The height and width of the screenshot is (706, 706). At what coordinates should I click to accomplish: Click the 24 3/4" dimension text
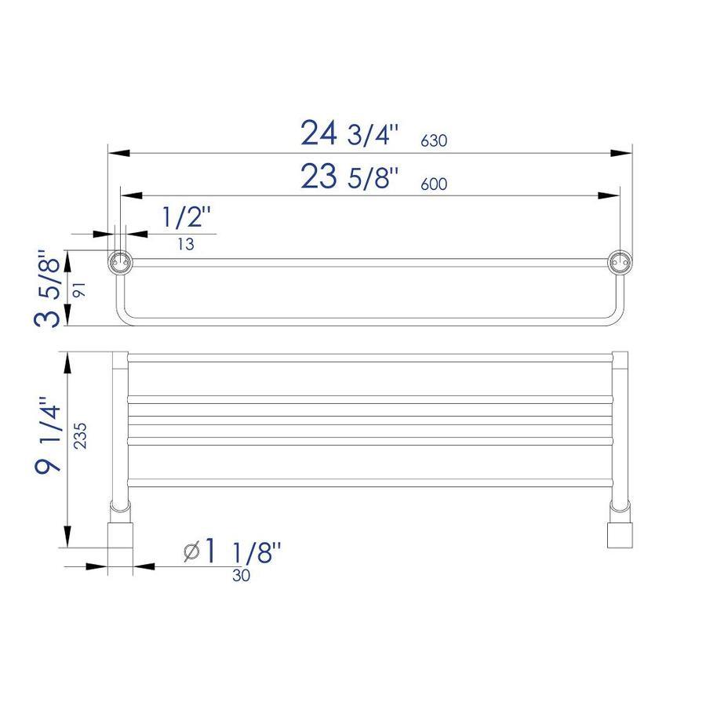click(x=350, y=133)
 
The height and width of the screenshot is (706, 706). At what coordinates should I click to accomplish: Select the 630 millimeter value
click(x=434, y=141)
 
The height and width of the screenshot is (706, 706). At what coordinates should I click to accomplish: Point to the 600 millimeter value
click(x=434, y=184)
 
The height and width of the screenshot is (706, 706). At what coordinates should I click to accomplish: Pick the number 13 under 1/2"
click(x=185, y=244)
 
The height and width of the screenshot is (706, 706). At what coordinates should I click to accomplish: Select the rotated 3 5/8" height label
click(x=47, y=288)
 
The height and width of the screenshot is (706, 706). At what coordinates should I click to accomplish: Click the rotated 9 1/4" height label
click(x=47, y=434)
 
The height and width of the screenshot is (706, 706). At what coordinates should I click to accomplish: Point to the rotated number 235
click(x=80, y=435)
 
